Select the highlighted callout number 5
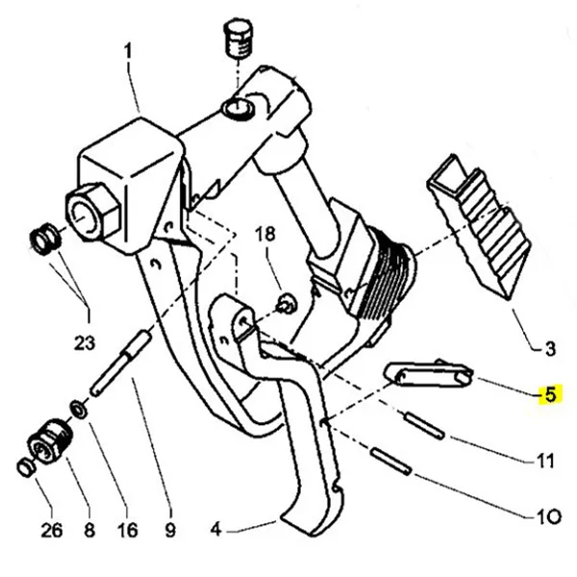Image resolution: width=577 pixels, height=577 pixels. point(550,394)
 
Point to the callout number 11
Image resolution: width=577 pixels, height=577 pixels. point(545,461)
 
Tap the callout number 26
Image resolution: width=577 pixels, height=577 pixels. point(51,529)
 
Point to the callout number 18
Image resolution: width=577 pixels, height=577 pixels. point(264,234)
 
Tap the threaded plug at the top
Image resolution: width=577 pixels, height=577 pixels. point(236,39)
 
